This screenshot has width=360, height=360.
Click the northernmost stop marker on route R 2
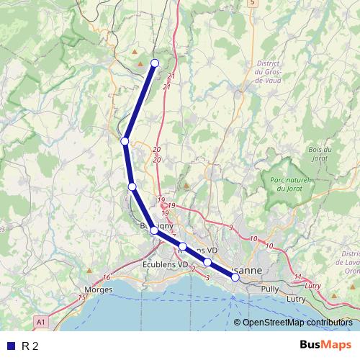[x=154, y=63]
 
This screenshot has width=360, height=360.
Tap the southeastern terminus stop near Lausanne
[x=235, y=277]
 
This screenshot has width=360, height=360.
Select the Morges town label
[x=99, y=289]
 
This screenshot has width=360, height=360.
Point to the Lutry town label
[x=297, y=297]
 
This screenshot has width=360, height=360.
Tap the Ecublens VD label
[x=163, y=264]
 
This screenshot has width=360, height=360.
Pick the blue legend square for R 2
[x=10, y=346]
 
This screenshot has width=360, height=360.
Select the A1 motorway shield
[x=41, y=321]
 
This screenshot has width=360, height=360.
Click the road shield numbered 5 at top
[x=252, y=3]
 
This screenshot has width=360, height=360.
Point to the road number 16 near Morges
[x=107, y=277]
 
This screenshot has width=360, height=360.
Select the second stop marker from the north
[x=125, y=141]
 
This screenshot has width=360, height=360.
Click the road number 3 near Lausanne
[x=207, y=277]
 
